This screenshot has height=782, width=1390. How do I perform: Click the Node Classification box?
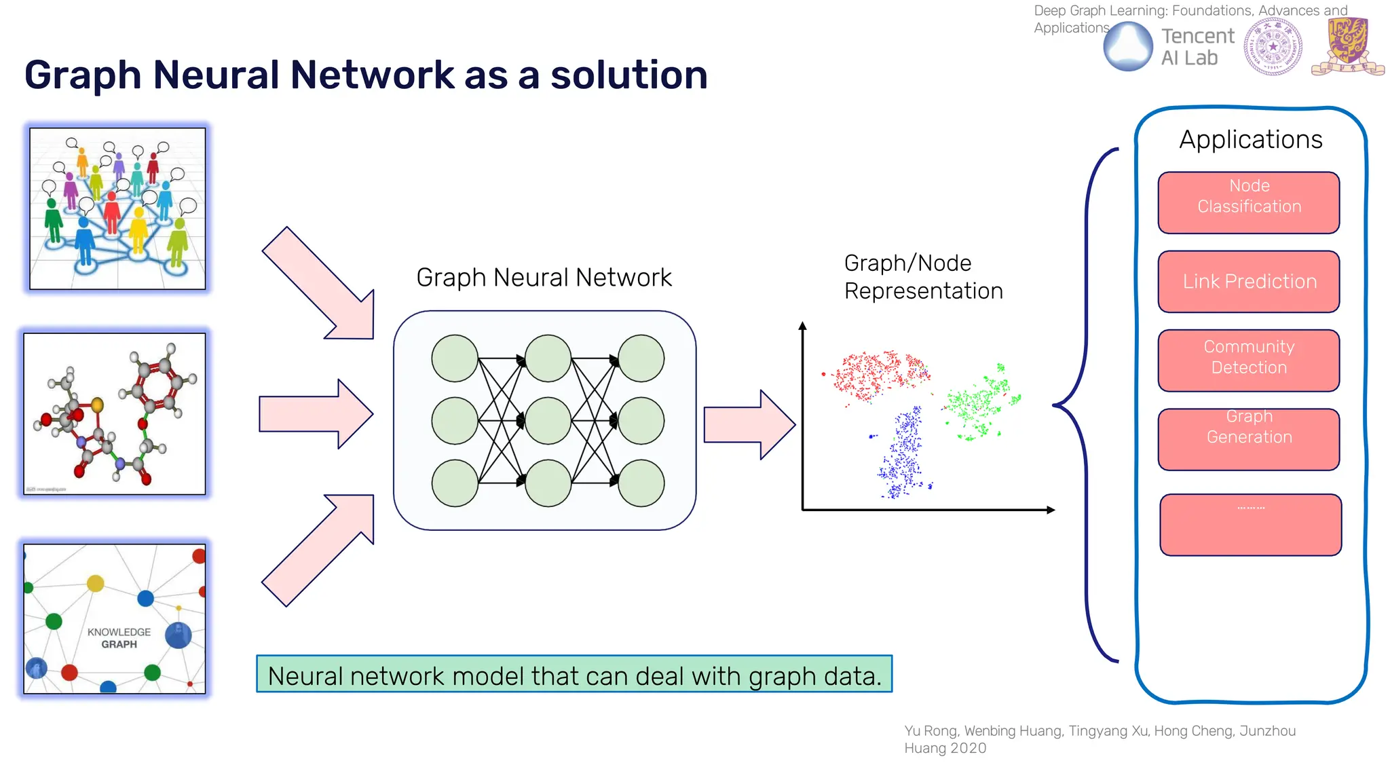[x=1249, y=203]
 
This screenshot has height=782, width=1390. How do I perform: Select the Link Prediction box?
[x=1249, y=282]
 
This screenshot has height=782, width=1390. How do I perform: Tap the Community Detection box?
[x=1249, y=360]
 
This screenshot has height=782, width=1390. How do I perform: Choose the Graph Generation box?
[x=1249, y=439]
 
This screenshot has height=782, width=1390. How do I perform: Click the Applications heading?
[x=1250, y=140]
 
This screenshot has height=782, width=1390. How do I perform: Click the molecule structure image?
[x=115, y=413]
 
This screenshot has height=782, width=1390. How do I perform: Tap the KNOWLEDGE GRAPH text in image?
[x=119, y=638]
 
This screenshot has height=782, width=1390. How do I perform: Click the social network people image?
[x=117, y=208]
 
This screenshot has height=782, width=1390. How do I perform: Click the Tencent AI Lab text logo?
[x=1197, y=47]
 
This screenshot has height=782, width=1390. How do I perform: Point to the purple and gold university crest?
[x=1347, y=46]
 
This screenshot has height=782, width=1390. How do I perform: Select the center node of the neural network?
[x=548, y=421]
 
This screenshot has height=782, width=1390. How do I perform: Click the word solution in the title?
[x=628, y=75]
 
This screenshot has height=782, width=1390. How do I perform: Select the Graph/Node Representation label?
[x=922, y=277]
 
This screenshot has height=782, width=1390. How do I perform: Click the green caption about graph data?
[x=574, y=675]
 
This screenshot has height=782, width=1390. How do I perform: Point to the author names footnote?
[x=1099, y=739]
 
